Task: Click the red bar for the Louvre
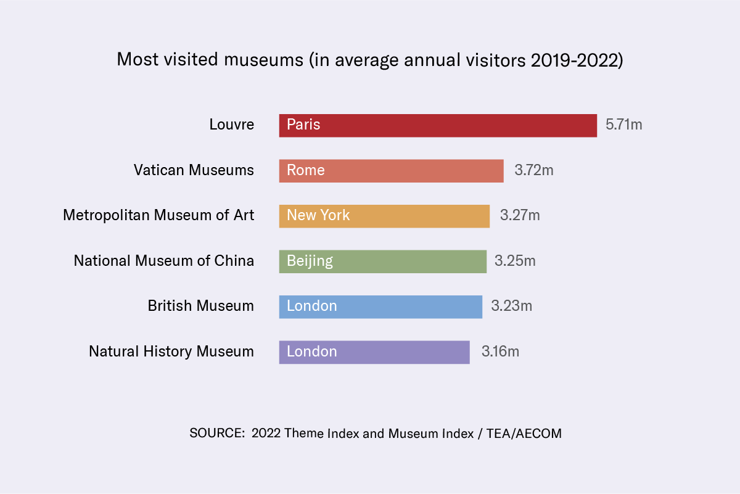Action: pyautogui.click(x=438, y=125)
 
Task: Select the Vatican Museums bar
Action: pyautogui.click(x=391, y=171)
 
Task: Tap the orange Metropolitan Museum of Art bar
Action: pyautogui.click(x=384, y=216)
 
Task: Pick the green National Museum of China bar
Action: pyautogui.click(x=382, y=261)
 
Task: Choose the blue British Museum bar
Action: pyautogui.click(x=380, y=307)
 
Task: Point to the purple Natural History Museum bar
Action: pyautogui.click(x=374, y=352)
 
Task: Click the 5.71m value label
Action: pyautogui.click(x=623, y=125)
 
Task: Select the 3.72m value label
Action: pyautogui.click(x=534, y=170)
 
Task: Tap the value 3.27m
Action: pyautogui.click(x=520, y=216)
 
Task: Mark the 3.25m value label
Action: pyautogui.click(x=515, y=261)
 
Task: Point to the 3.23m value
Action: pyautogui.click(x=511, y=306)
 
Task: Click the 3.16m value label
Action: pyautogui.click(x=500, y=352)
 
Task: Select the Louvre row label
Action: pyautogui.click(x=231, y=125)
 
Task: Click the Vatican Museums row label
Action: pyautogui.click(x=194, y=170)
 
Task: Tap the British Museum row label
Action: pyautogui.click(x=200, y=306)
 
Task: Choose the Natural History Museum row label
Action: pyautogui.click(x=171, y=352)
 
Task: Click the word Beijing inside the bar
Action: pyautogui.click(x=310, y=261)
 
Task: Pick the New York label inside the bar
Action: pyautogui.click(x=318, y=215)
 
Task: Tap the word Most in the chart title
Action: pyautogui.click(x=134, y=60)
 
